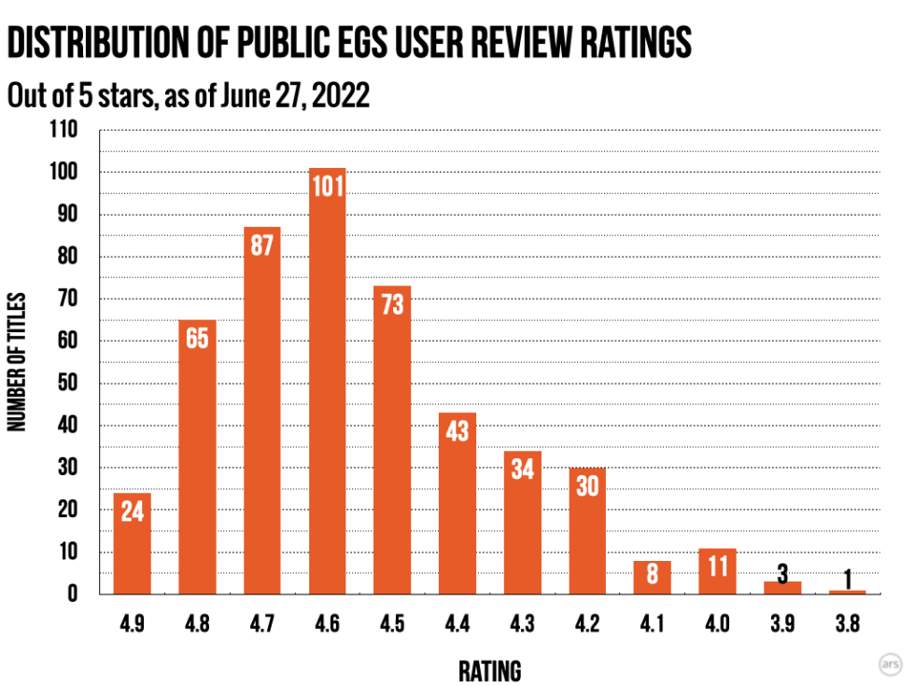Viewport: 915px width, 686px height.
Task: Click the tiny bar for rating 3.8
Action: pyautogui.click(x=848, y=592)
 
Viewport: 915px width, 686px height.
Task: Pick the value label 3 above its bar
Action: pyautogui.click(x=782, y=571)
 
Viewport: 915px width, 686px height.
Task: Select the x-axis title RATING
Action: pyautogui.click(x=489, y=670)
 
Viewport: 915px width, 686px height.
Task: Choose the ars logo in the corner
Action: pyautogui.click(x=890, y=664)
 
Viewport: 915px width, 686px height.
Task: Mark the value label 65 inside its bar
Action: pyautogui.click(x=197, y=338)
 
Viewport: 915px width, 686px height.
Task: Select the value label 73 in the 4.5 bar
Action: pyautogui.click(x=392, y=304)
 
